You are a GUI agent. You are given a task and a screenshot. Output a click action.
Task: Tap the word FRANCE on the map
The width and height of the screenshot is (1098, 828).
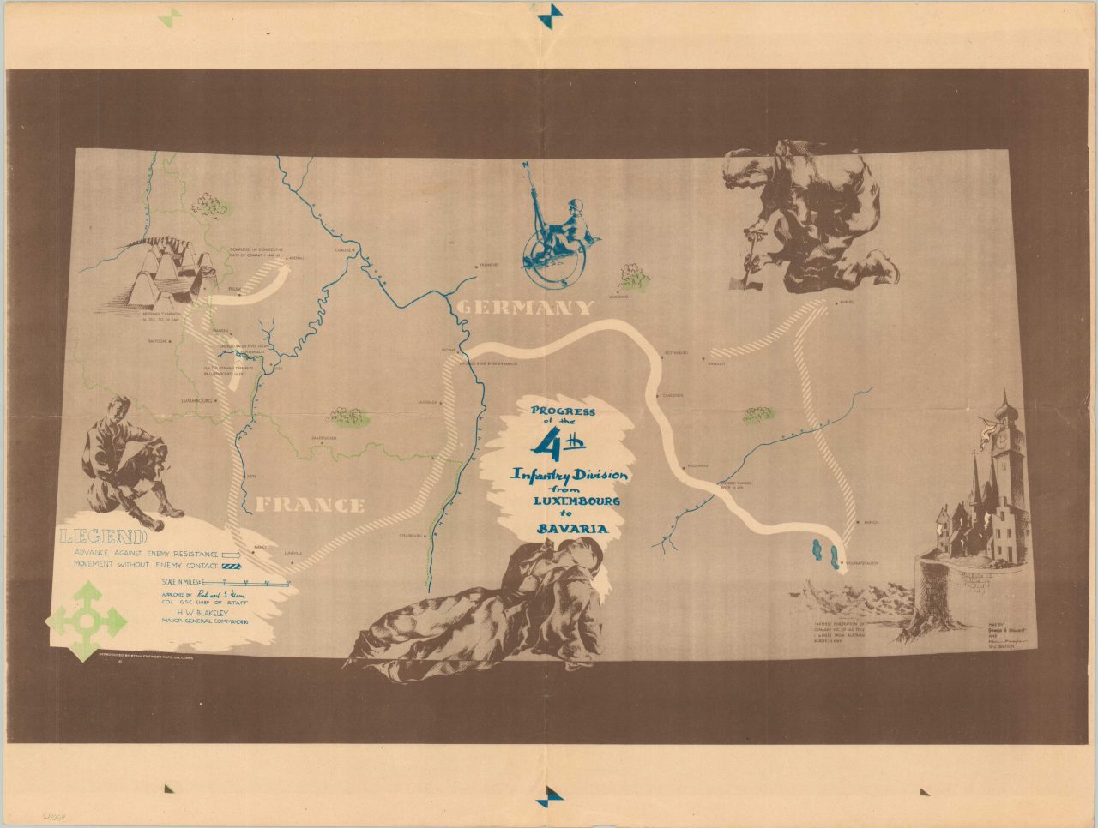311,504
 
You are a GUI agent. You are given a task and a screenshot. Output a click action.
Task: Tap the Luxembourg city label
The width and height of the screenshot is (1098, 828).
196,400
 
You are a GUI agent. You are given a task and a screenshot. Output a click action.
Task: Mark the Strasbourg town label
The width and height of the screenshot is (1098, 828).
410,536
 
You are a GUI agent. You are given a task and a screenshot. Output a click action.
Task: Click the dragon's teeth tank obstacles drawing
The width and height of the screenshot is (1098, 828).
167,274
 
